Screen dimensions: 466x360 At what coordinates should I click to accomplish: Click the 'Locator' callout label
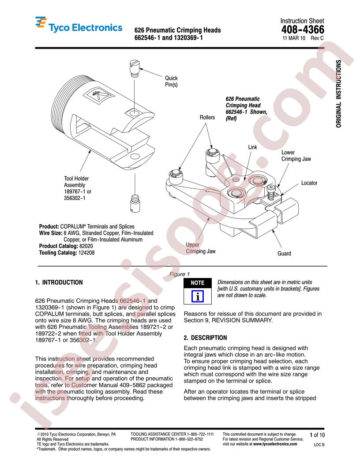point(309,182)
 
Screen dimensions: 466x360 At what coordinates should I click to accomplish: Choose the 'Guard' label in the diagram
point(284,254)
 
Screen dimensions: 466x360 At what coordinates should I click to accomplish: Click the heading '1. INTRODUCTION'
point(58,282)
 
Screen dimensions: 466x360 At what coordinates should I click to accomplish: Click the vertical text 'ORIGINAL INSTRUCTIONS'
point(338,93)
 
